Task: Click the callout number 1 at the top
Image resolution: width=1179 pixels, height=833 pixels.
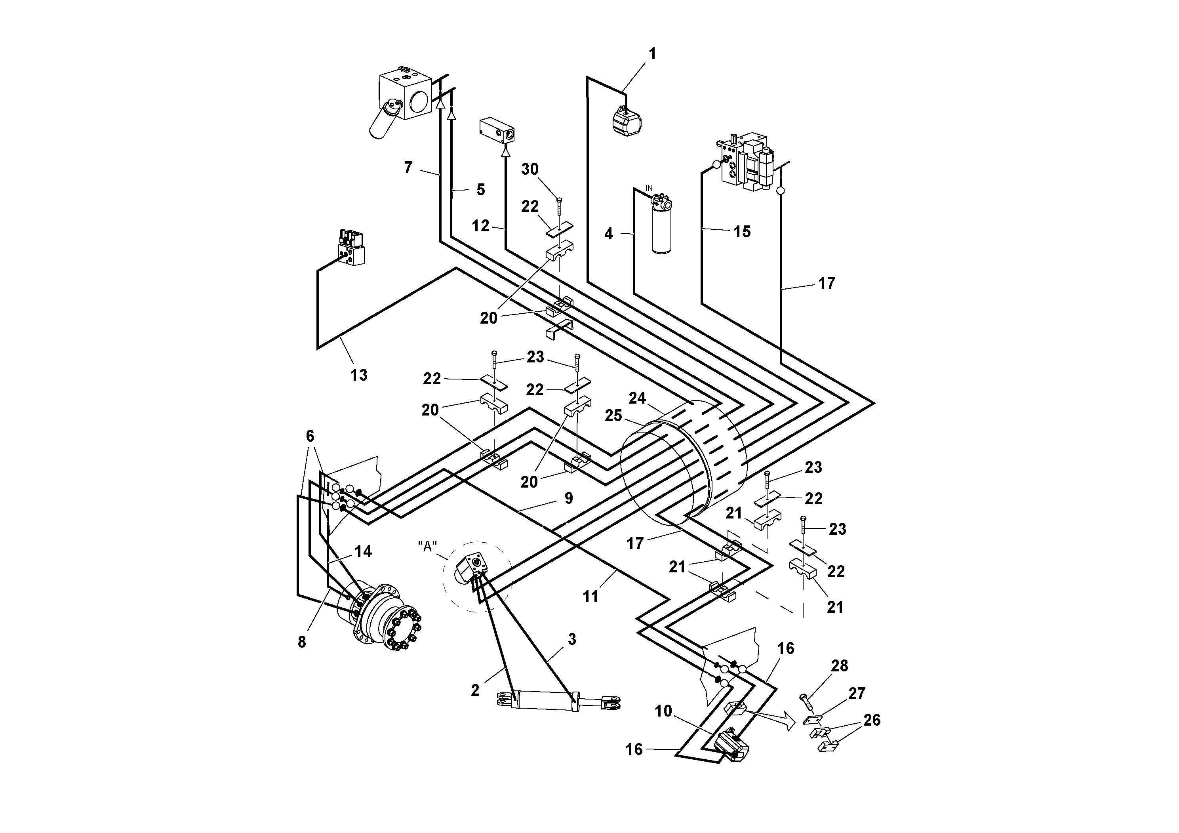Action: pos(652,53)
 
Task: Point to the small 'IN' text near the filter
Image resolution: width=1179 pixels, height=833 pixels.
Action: pos(649,189)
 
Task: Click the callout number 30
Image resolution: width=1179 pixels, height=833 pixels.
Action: pos(530,169)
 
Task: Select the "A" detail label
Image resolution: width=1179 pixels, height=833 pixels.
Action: pos(427,547)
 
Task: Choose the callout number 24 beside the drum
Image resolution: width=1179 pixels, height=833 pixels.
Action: pos(637,398)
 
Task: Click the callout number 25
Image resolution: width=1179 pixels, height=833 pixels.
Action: pos(613,416)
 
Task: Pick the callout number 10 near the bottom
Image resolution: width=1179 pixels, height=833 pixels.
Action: pos(663,711)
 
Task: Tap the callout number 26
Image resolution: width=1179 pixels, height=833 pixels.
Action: pos(872,720)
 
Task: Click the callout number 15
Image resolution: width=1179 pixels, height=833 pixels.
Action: pos(742,232)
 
